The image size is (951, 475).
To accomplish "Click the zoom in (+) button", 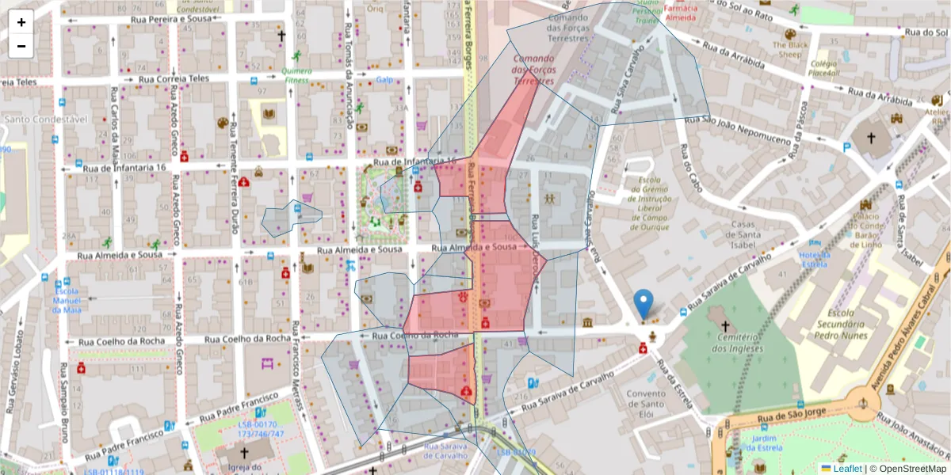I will coord(21,22).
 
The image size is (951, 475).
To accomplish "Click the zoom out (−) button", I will coord(21,46).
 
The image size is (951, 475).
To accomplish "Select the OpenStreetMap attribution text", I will coord(907,469).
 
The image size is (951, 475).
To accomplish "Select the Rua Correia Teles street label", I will coord(174,78).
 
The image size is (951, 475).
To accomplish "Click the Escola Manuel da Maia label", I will coord(67,299).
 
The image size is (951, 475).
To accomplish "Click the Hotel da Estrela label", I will coord(815,260).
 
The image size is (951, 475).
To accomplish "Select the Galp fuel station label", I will coord(384,80).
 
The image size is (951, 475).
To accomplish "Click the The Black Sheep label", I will coord(789,50).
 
